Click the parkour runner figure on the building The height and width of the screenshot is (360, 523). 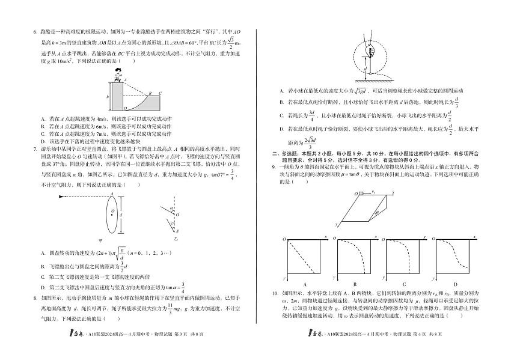tap(118, 75)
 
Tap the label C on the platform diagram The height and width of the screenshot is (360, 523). tap(159, 93)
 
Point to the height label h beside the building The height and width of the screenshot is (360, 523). tap(108, 96)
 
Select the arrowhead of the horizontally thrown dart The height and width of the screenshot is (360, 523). tap(111, 195)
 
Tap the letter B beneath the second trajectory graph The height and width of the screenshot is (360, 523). tap(355, 284)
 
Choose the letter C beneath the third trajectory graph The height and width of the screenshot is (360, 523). tap(405, 284)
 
